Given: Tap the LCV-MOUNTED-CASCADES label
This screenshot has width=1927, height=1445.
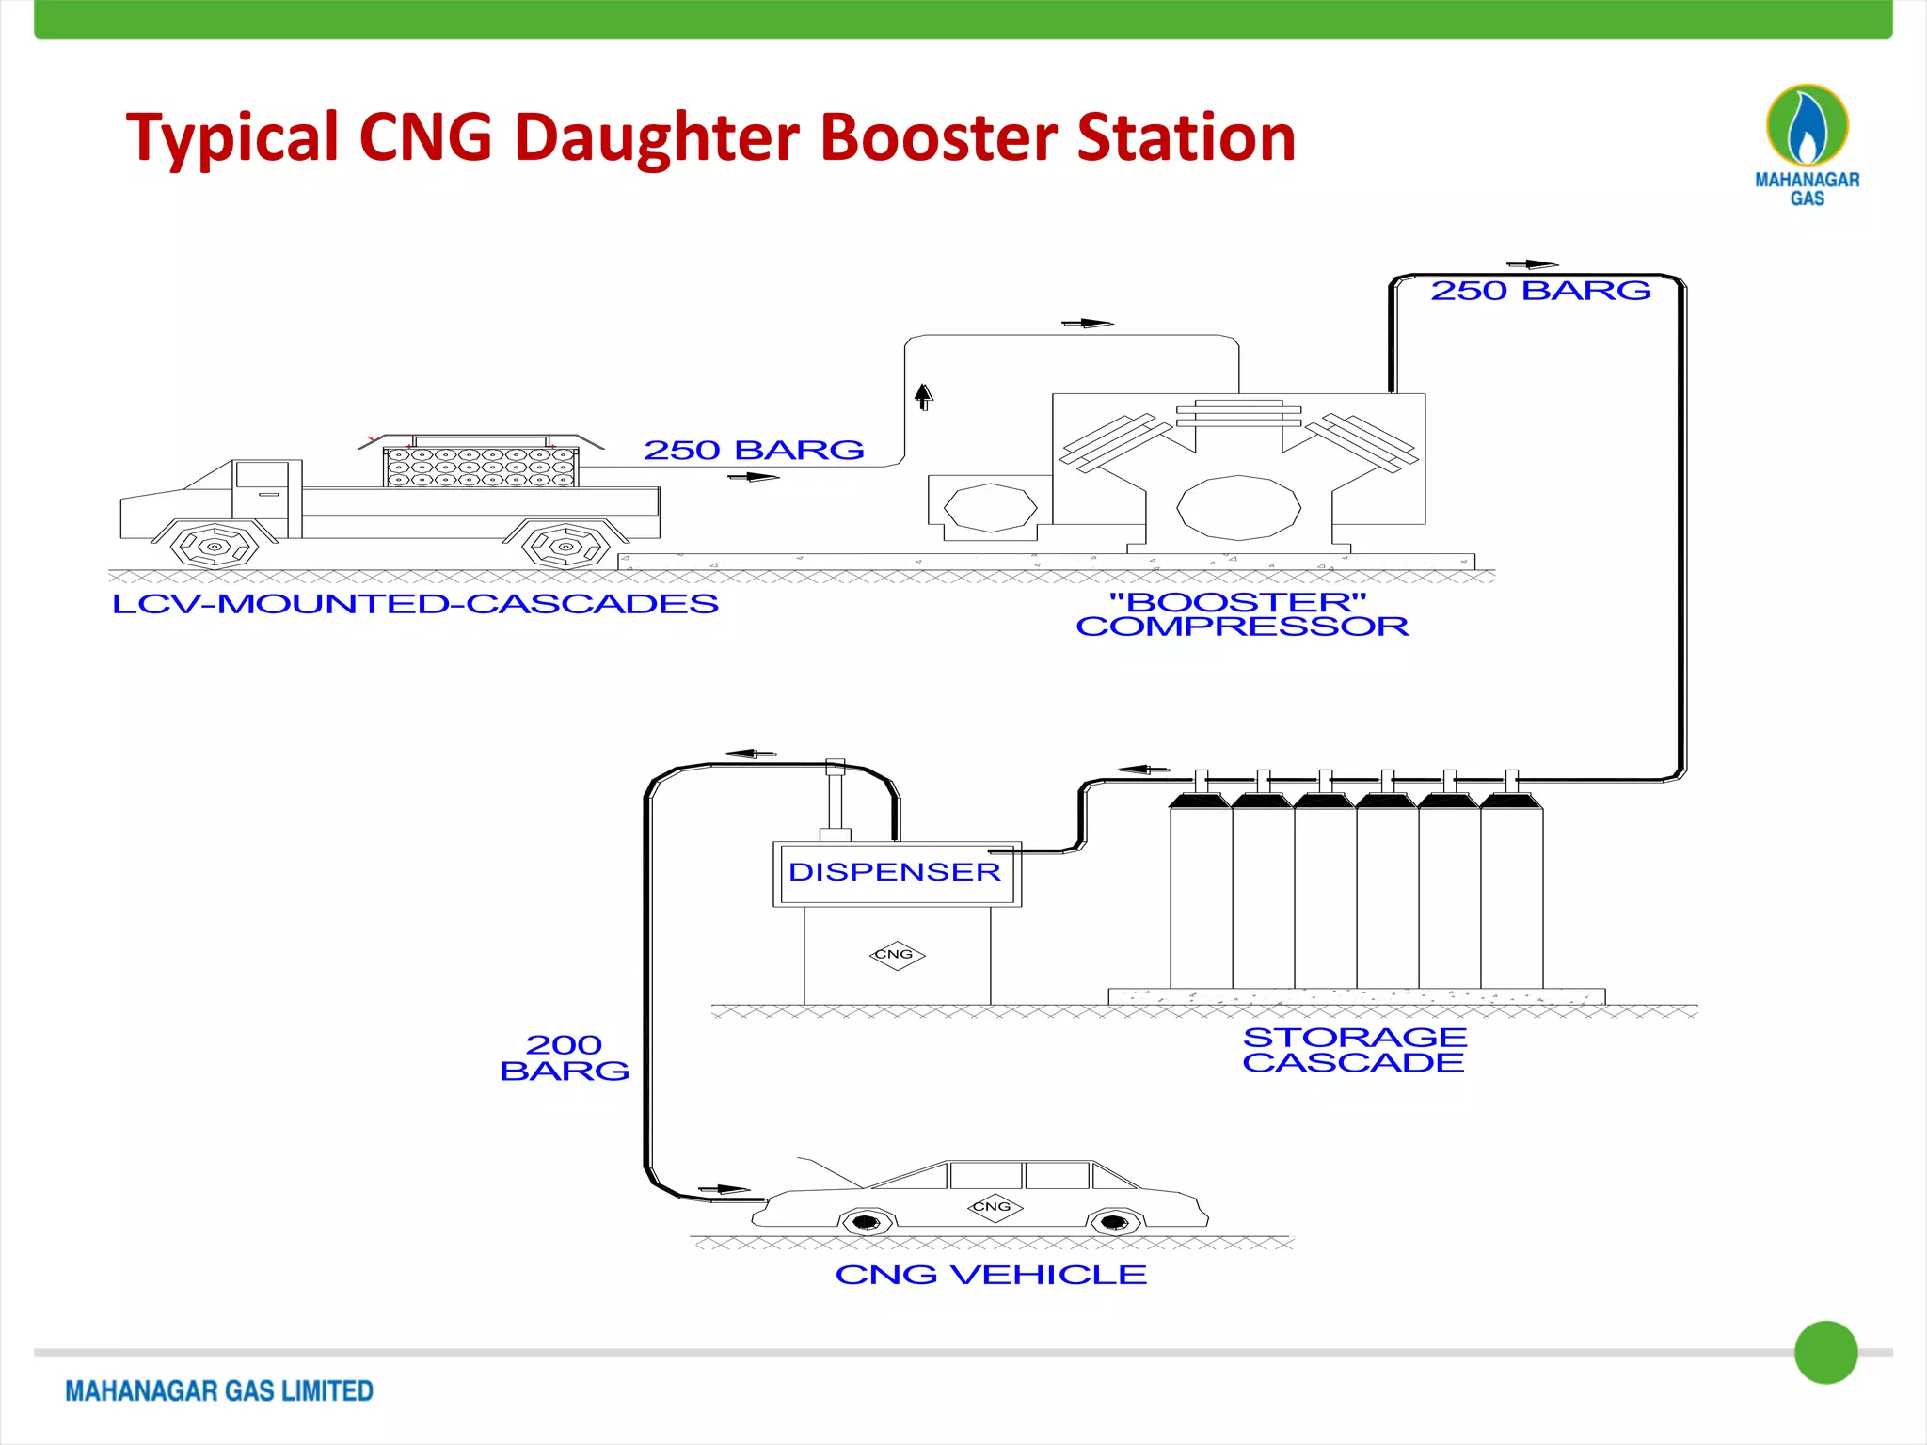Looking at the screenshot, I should pyautogui.click(x=415, y=604).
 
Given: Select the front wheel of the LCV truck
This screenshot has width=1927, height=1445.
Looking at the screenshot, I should pyautogui.click(x=215, y=546).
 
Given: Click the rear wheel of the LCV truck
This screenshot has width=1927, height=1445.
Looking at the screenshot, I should pyautogui.click(x=565, y=546).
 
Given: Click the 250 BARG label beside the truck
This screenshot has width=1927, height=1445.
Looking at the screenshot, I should pyautogui.click(x=754, y=450).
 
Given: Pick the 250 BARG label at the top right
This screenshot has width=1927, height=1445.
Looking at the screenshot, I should pyautogui.click(x=1540, y=291).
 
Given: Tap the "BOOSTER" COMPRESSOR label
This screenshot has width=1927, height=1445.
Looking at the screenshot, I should pyautogui.click(x=1242, y=614).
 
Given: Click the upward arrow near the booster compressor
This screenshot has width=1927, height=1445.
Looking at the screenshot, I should pyautogui.click(x=924, y=396).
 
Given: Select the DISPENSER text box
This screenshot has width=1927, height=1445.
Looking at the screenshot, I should pyautogui.click(x=896, y=872).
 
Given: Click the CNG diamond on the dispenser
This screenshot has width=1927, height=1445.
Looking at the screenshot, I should pyautogui.click(x=896, y=955).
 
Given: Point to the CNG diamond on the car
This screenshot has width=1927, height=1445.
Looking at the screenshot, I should pyautogui.click(x=994, y=1206).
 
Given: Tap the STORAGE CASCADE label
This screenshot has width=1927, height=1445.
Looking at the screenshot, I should pyautogui.click(x=1354, y=1050).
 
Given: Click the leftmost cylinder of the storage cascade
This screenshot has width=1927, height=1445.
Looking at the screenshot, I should pyautogui.click(x=1201, y=894).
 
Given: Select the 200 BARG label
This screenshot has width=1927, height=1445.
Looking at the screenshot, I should pyautogui.click(x=565, y=1057).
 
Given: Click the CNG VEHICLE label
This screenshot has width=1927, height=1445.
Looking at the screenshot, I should pyautogui.click(x=991, y=1275).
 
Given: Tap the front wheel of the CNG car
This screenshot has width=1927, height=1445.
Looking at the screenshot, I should pyautogui.click(x=866, y=1222).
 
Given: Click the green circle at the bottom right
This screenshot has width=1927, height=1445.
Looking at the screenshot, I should pyautogui.click(x=1825, y=1352).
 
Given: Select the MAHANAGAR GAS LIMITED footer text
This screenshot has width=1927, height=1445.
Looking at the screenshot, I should pyautogui.click(x=219, y=1390).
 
